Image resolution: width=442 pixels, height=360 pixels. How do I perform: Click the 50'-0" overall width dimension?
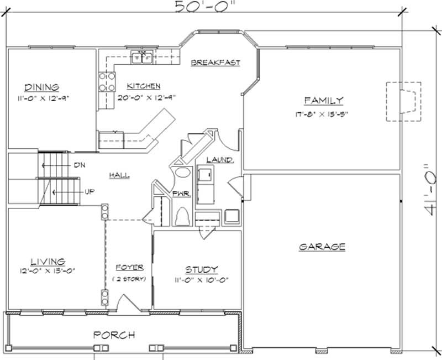click(x=201, y=7)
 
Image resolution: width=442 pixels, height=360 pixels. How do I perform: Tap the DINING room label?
click(x=41, y=87)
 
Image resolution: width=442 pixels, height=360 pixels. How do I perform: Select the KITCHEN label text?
click(x=144, y=86)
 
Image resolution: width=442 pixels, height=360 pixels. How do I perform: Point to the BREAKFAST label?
click(x=215, y=62)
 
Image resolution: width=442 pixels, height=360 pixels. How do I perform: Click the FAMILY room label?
click(x=324, y=100)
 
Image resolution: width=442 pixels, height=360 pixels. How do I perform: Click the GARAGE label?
click(x=322, y=247)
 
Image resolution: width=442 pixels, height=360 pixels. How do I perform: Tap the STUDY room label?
click(x=201, y=269)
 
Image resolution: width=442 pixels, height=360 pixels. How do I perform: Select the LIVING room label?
click(x=47, y=261)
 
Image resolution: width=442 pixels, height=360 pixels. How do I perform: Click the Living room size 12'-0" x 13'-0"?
click(x=47, y=271)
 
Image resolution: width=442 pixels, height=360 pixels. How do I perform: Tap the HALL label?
click(x=119, y=175)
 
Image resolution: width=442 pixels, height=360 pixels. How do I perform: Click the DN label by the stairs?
click(x=78, y=165)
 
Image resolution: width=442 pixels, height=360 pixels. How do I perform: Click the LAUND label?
click(x=219, y=160)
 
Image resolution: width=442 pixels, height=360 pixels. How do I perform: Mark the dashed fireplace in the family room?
click(x=403, y=101)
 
